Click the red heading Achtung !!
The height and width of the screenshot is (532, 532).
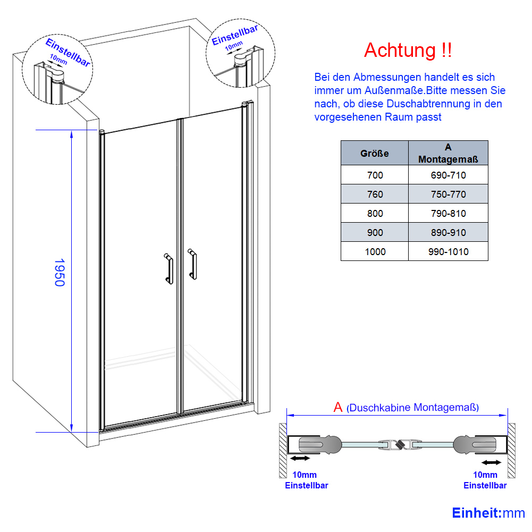[408, 50]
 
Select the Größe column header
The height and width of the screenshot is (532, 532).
[375, 153]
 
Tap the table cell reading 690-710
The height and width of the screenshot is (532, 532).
[448, 175]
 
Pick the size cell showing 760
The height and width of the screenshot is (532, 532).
[375, 194]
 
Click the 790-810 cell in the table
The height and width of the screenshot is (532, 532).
[448, 214]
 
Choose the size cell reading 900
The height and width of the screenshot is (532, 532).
[375, 232]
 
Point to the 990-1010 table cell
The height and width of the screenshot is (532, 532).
[448, 251]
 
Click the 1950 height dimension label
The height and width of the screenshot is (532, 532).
[60, 273]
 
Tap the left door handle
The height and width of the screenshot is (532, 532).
[168, 268]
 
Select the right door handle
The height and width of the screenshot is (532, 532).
[192, 264]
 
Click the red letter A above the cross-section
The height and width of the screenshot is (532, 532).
[338, 407]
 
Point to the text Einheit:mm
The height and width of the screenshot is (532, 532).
[488, 513]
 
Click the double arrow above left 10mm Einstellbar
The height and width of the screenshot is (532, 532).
[300, 458]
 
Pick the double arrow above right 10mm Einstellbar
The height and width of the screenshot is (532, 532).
[491, 462]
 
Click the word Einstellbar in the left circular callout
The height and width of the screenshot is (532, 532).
[68, 53]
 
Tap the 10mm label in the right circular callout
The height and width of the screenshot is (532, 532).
[234, 46]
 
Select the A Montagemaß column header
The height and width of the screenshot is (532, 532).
[448, 153]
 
